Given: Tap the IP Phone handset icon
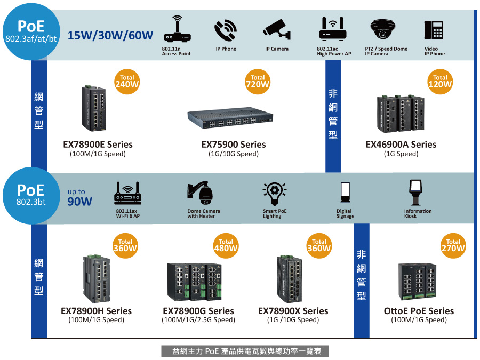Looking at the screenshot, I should click(x=226, y=30).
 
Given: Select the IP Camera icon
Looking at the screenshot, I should click(x=277, y=29).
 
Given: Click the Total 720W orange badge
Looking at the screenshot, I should click(x=258, y=82).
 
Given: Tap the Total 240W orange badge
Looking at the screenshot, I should click(x=127, y=82).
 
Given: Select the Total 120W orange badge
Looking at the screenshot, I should click(x=440, y=82).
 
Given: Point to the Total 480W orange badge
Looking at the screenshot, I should click(x=226, y=245).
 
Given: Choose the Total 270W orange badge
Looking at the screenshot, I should click(x=453, y=245).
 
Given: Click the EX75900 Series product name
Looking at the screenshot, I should click(x=234, y=145).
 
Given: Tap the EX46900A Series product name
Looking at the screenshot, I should click(x=401, y=145).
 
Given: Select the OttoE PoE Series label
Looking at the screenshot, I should click(x=419, y=311).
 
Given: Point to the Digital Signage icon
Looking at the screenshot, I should click(x=345, y=193).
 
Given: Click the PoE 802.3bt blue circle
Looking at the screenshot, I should click(x=30, y=195).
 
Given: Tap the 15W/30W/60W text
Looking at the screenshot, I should click(x=110, y=36).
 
